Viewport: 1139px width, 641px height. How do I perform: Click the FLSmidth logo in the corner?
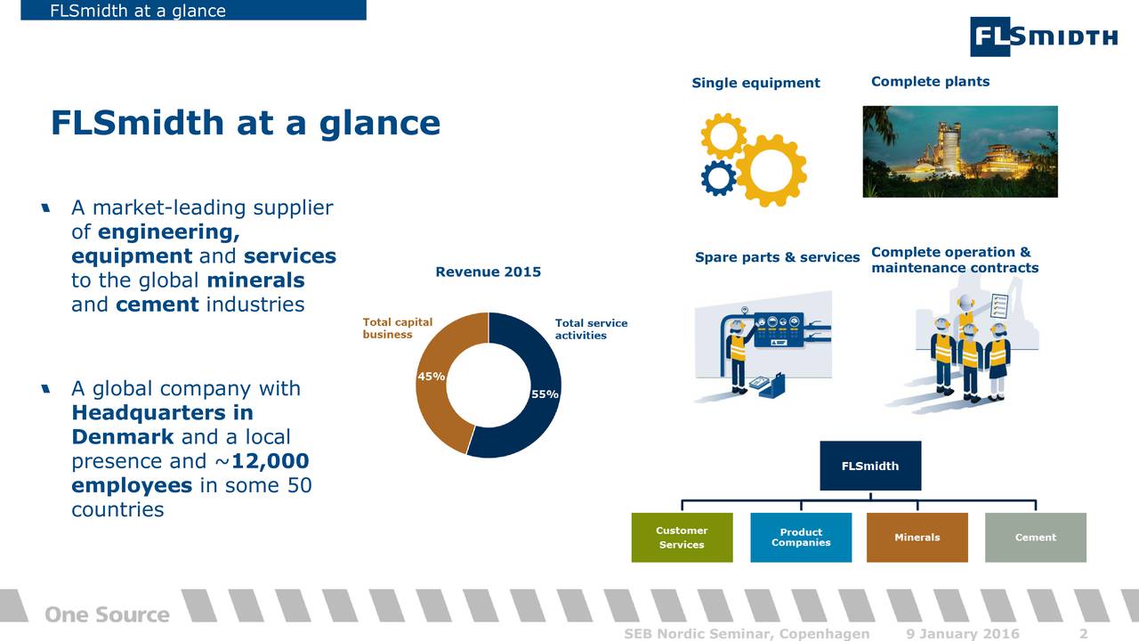pyautogui.click(x=1044, y=37)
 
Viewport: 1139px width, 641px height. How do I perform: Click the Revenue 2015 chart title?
pyautogui.click(x=489, y=272)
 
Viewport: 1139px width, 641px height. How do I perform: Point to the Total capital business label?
pyautogui.click(x=397, y=329)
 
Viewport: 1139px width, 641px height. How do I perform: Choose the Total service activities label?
pyautogui.click(x=591, y=329)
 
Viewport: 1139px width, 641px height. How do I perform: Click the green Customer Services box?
pyautogui.click(x=682, y=537)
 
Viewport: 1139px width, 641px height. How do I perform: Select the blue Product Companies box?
pyautogui.click(x=801, y=537)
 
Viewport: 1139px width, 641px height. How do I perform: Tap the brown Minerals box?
pyautogui.click(x=917, y=537)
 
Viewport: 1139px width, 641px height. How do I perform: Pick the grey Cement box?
pyautogui.click(x=1036, y=537)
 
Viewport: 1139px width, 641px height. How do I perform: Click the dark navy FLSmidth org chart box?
pyautogui.click(x=870, y=466)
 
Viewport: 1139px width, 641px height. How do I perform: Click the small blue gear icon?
pyautogui.click(x=718, y=178)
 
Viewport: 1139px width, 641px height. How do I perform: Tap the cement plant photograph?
pyautogui.click(x=960, y=151)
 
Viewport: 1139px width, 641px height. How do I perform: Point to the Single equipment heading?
pyautogui.click(x=755, y=83)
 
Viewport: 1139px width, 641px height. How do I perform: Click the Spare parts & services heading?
pyautogui.click(x=777, y=257)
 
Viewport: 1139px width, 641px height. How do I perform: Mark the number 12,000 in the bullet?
pyautogui.click(x=270, y=461)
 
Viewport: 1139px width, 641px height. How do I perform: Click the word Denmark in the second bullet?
pyautogui.click(x=123, y=436)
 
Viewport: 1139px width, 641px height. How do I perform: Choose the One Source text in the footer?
pyautogui.click(x=108, y=614)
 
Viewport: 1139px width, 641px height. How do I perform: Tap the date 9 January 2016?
pyautogui.click(x=963, y=633)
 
